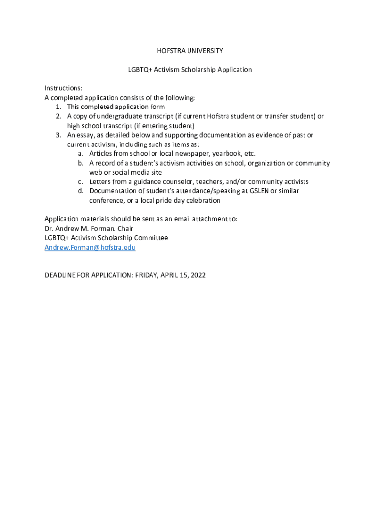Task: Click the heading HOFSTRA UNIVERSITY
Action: pyautogui.click(x=190, y=51)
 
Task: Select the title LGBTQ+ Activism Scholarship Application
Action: pyautogui.click(x=190, y=70)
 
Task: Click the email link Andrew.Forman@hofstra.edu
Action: pyautogui.click(x=90, y=247)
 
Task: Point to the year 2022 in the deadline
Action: pyautogui.click(x=197, y=275)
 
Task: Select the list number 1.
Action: pyautogui.click(x=58, y=107)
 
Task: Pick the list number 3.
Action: pyautogui.click(x=58, y=135)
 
